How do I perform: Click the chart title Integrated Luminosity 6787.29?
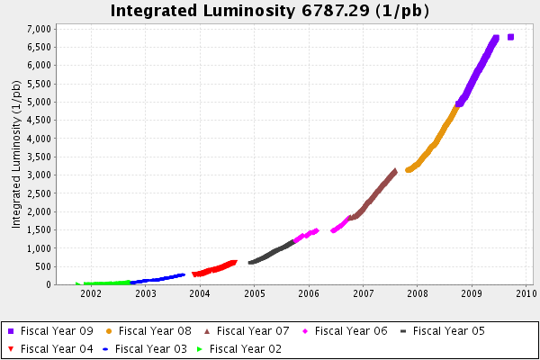[269, 11]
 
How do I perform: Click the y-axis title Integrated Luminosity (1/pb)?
[16, 154]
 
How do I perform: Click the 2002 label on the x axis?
[91, 293]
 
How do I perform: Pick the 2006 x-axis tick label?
[309, 293]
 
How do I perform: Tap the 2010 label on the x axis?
[526, 293]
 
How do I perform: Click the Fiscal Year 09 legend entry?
[56, 331]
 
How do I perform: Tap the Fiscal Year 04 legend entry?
[56, 347]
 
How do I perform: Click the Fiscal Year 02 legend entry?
[246, 347]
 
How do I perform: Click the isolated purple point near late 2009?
[511, 37]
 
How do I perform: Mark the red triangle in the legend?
[11, 348]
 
